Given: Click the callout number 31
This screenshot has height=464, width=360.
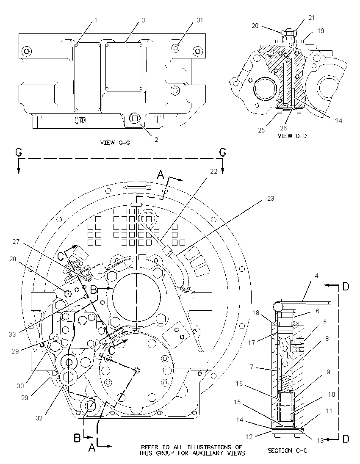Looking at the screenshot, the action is coord(200,20).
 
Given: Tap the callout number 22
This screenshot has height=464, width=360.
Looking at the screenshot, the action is coord(214,171).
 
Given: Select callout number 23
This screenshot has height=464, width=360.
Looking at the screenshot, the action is coord(271,199).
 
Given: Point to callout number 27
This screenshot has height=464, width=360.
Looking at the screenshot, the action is coord(16,242).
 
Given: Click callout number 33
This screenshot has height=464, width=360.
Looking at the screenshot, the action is coord(12,334).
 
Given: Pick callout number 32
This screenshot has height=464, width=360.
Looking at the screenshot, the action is coord(39,418).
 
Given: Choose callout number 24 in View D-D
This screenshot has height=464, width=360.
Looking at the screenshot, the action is coord(338,121).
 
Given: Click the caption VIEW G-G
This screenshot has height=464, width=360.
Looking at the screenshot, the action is coord(115,143).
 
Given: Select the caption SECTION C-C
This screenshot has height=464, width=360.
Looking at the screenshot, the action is coord(288,451).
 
